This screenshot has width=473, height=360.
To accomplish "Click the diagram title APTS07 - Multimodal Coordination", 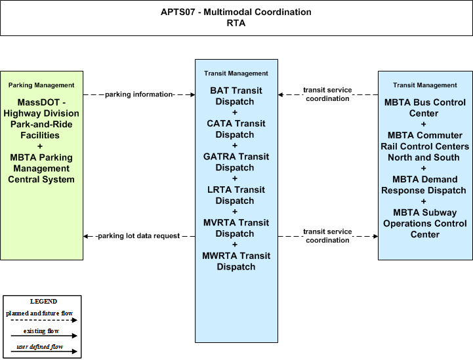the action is [236, 12].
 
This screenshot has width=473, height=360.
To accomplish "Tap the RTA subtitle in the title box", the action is [236, 23].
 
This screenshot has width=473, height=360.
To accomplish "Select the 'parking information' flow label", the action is [139, 94].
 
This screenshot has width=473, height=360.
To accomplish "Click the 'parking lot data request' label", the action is [139, 236].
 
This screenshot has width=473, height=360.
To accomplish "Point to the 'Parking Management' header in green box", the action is [41, 85].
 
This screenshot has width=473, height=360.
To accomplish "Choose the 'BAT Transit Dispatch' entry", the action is [236, 96].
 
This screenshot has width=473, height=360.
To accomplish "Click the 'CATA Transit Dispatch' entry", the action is [236, 129].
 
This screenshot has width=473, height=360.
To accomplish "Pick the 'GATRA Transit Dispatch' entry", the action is [236, 162].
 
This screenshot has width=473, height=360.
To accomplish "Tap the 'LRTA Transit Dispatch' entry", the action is [236, 195].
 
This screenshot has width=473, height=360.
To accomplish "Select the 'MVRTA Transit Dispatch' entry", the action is [236, 228].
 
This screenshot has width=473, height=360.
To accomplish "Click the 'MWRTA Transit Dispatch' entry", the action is [236, 261].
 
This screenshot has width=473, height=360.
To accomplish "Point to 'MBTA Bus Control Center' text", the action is [424, 108].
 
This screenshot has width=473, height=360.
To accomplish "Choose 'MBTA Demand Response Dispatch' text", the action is [424, 185].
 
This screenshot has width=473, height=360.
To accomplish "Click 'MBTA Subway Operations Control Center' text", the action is [424, 224].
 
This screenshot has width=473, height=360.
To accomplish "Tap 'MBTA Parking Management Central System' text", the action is [41, 169].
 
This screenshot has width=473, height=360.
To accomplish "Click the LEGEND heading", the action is [43, 302].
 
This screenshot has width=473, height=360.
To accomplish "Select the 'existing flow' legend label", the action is [41, 331].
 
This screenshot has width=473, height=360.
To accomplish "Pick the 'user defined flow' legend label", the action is [40, 347].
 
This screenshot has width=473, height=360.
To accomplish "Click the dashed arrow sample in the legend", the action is [44, 320].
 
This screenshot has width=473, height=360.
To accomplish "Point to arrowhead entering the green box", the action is [86, 236].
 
